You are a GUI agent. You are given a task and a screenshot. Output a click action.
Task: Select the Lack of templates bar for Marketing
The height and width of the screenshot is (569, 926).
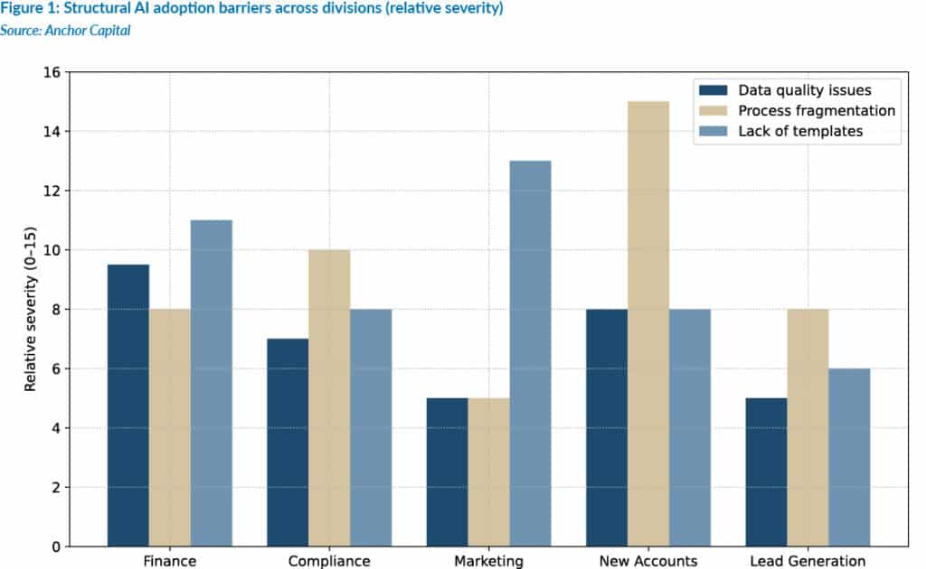[x=530, y=353]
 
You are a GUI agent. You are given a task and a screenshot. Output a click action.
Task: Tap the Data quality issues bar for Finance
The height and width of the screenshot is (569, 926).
[x=128, y=406]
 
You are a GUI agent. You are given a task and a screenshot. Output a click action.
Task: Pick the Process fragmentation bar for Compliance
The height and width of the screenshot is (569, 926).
[x=329, y=397]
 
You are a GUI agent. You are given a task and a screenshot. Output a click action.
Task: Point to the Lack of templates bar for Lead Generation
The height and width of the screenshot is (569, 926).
[x=849, y=457]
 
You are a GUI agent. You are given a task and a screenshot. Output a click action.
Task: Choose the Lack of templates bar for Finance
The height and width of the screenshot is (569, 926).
[x=212, y=383]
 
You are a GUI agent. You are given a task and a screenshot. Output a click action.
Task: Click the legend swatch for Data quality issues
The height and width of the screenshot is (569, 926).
[x=712, y=89]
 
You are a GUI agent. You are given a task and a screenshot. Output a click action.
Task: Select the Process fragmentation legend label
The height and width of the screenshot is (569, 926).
[x=817, y=110]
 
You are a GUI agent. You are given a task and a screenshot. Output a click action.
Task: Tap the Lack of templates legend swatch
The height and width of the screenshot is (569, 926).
[x=712, y=131]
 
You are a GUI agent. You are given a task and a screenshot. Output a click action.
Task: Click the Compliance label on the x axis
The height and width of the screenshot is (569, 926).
[x=329, y=561]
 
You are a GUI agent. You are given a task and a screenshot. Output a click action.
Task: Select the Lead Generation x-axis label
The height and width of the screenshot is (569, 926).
[x=808, y=561]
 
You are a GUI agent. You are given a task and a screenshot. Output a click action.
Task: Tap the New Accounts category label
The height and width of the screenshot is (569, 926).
[x=648, y=561]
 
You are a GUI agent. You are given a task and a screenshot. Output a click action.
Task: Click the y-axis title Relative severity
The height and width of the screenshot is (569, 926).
[x=31, y=309]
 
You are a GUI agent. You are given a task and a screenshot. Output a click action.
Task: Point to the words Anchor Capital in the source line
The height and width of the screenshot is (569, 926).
[x=82, y=31]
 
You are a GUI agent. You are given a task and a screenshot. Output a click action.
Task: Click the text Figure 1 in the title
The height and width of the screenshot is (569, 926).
[x=28, y=9]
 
